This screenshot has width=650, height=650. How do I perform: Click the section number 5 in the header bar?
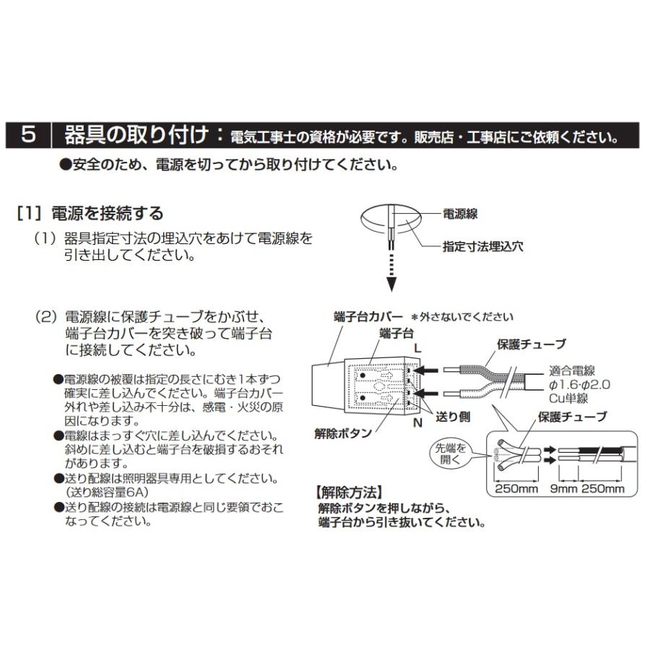click(x=29, y=134)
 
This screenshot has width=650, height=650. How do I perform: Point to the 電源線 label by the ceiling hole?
click(x=460, y=214)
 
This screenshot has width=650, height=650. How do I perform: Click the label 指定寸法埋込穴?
click(x=483, y=246)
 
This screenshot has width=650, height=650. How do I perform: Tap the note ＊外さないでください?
click(x=462, y=316)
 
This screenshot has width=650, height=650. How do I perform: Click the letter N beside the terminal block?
click(x=417, y=423)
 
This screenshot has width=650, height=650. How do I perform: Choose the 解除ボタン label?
click(x=343, y=433)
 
